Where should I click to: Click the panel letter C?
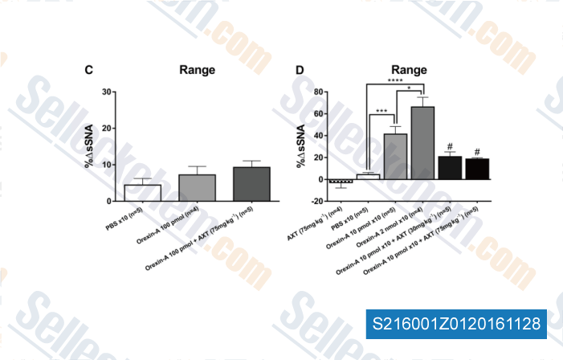click(x=89, y=70)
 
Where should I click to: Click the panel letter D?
click(x=300, y=70)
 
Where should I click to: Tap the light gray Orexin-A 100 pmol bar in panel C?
click(x=197, y=187)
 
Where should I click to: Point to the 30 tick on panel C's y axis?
click(x=107, y=92)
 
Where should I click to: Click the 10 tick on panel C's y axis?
click(x=107, y=164)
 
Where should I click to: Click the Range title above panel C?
click(x=197, y=70)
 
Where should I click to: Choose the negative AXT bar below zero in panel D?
click(x=341, y=182)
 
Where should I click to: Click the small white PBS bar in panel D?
click(x=368, y=177)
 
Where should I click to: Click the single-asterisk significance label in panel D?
click(x=410, y=88)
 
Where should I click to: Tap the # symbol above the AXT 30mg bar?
click(x=450, y=147)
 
